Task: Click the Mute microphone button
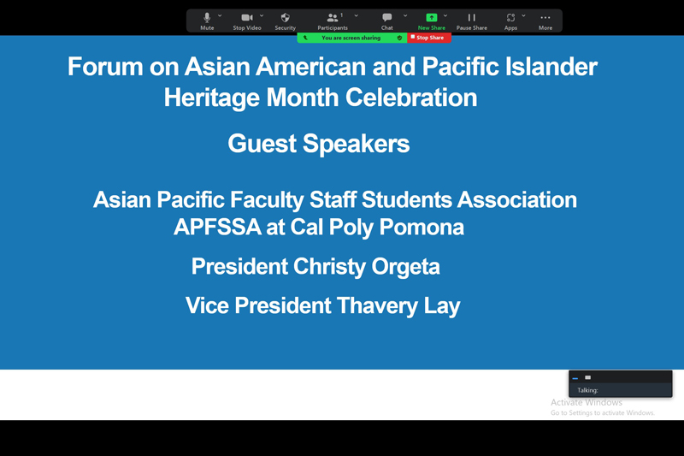(207, 21)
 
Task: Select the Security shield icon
(285, 17)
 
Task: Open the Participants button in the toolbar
(333, 21)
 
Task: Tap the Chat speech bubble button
(387, 21)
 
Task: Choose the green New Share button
(432, 21)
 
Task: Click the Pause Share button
(472, 21)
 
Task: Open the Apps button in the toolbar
(510, 21)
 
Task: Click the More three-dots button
(545, 21)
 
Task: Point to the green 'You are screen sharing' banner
(352, 38)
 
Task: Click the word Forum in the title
(105, 67)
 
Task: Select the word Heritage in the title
(211, 98)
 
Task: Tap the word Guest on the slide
(262, 144)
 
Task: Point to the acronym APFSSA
(217, 227)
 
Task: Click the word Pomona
(422, 227)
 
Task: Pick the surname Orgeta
(405, 267)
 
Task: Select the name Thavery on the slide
(377, 306)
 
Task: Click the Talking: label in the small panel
(587, 390)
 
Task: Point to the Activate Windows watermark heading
(587, 402)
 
